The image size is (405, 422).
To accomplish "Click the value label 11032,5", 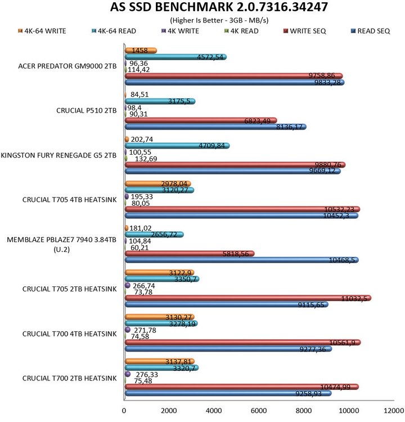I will (358, 298).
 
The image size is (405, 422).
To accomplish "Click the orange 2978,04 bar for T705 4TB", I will (157, 183).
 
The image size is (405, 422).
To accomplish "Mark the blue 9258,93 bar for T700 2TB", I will (227, 393).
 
